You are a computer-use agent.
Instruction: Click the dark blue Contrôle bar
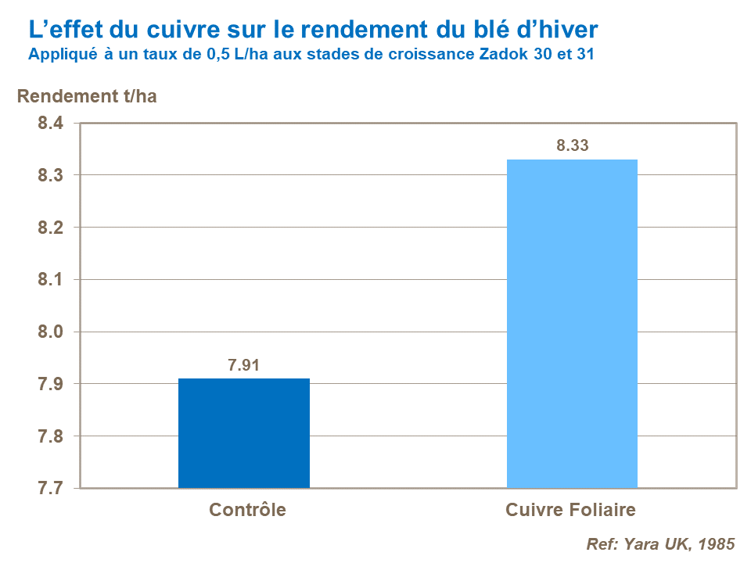pos(244,433)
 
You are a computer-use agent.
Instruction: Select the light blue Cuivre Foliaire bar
pos(572,324)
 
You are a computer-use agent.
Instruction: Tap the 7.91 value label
pos(244,364)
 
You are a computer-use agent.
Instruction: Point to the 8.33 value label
pos(572,145)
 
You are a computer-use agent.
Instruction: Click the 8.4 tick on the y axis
pos(49,123)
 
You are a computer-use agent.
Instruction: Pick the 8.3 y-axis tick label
pos(49,175)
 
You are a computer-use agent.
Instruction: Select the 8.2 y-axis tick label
pos(49,228)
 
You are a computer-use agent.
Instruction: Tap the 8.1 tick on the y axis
pos(49,280)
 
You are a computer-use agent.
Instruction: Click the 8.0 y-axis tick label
pos(49,332)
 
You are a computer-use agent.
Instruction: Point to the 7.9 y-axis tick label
pos(49,384)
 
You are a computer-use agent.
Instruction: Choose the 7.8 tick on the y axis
pos(49,436)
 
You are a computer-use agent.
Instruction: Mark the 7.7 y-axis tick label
pos(49,489)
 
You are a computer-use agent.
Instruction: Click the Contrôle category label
pos(247,511)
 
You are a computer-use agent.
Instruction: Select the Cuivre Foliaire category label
pos(570,511)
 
